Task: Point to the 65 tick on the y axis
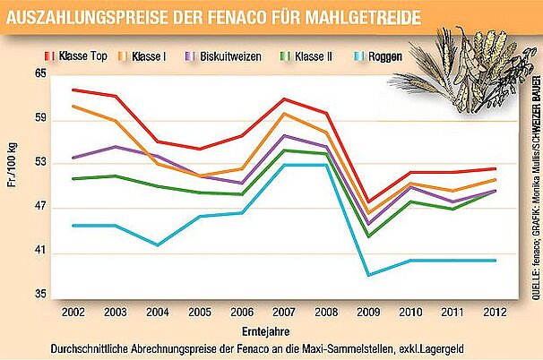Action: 40,73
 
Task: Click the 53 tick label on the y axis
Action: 40,164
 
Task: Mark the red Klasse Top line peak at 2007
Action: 283,99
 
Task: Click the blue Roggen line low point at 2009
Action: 367,275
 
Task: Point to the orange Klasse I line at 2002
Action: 73,106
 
